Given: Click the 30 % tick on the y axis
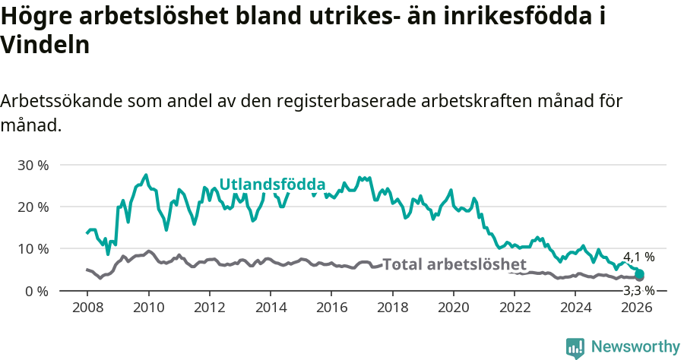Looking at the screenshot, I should tap(33, 165).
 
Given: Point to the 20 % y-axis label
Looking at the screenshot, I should tap(33, 207).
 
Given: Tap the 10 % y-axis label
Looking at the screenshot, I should tap(33, 249).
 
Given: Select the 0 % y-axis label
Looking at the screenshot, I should tap(36, 291).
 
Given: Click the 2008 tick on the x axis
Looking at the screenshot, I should tap(87, 308).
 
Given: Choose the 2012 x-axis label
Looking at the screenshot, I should tap(209, 308).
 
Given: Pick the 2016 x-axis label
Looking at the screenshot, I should tap(331, 308).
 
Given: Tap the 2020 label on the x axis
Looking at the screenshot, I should tap(453, 308).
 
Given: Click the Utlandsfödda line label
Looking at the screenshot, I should tap(272, 185).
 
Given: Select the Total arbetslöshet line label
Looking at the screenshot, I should tap(454, 264).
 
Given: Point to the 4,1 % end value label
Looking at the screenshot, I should tap(638, 257).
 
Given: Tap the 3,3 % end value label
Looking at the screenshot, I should tap(638, 290).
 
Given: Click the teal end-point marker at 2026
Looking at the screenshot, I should tap(639, 274).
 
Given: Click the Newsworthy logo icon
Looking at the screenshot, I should tap(575, 347).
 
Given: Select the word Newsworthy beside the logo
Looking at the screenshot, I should tap(635, 347).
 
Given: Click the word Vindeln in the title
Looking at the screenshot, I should tap(46, 45).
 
